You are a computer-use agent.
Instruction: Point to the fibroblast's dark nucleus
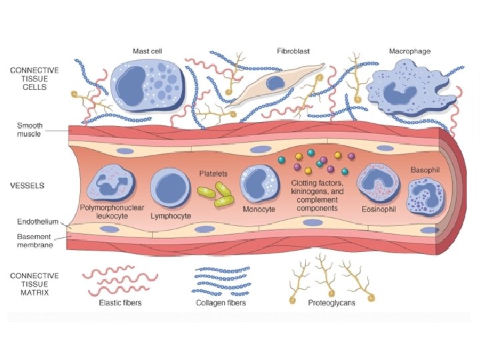coord(275,83)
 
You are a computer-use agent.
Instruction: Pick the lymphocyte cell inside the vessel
coord(171,186)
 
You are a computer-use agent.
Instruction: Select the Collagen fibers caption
coord(221,303)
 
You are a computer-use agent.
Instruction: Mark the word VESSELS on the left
coord(27,185)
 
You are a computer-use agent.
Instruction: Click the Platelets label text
coord(213,173)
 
